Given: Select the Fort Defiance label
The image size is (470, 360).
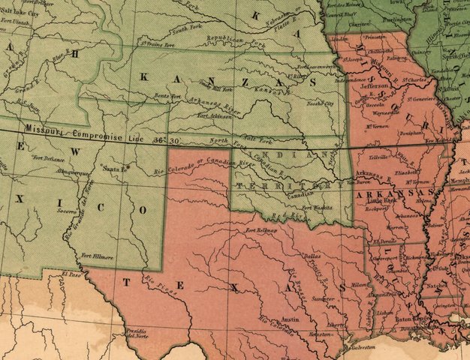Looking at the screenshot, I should coord(46,157).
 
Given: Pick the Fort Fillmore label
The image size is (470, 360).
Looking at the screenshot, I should coord(97,256).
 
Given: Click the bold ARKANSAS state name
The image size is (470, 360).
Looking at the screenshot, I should coord(383,195).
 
